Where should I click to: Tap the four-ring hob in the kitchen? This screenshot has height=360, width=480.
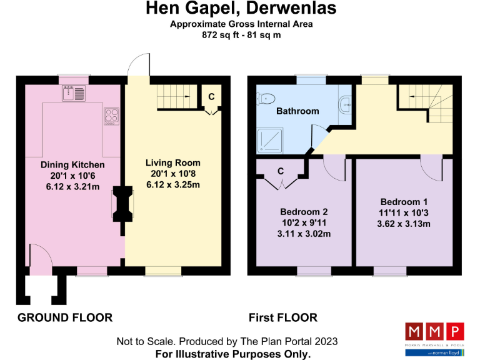[x=111, y=116]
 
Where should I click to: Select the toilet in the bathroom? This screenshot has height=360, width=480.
[x=265, y=98]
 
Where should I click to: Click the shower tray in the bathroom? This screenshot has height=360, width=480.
[x=269, y=141]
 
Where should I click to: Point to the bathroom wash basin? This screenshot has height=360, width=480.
[x=346, y=106]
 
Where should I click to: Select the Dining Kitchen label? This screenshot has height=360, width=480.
[x=72, y=164]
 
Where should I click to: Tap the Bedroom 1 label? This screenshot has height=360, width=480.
[x=404, y=202]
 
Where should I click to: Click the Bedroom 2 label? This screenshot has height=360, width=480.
[x=304, y=212]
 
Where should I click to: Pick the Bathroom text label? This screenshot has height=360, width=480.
[x=297, y=111]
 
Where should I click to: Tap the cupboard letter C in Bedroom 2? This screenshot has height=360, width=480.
[x=281, y=171]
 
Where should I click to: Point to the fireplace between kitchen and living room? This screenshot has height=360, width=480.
[x=123, y=204]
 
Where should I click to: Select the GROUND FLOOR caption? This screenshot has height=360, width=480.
[x=65, y=317]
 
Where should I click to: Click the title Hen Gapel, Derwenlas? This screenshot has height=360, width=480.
[x=241, y=9]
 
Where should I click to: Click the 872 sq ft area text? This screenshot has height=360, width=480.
[x=241, y=35]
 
